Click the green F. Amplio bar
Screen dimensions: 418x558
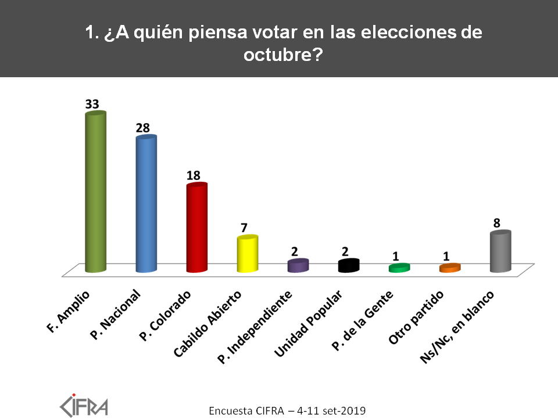[x=95, y=192]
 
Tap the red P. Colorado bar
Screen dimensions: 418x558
[x=196, y=228]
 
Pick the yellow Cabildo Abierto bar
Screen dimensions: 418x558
[x=247, y=254]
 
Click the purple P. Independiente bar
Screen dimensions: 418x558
[x=298, y=265]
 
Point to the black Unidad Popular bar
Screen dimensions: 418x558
[x=349, y=265]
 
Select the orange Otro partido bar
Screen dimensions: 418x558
[x=450, y=268]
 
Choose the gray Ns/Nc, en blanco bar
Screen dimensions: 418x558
[x=500, y=251]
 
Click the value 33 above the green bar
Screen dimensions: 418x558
[x=92, y=104]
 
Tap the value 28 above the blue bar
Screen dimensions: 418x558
[x=143, y=127]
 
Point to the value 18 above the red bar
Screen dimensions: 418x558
[x=194, y=175]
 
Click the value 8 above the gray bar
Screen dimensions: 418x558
[x=497, y=222]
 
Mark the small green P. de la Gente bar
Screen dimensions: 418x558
[x=399, y=268]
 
